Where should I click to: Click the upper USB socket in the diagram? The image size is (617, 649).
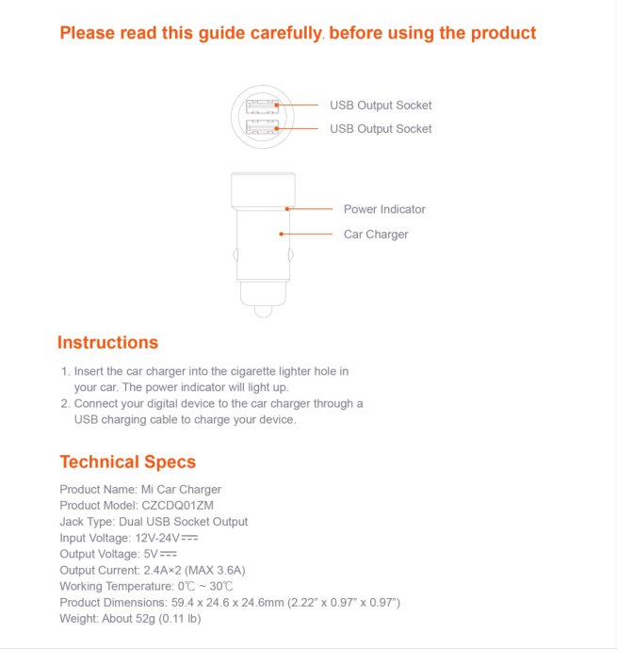[x=263, y=105]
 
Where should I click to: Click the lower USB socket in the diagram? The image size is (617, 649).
[x=263, y=128]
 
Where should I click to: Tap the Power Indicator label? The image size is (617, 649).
[x=384, y=209]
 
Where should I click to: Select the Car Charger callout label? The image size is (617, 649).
[x=376, y=235]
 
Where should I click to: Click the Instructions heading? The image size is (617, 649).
[x=107, y=343]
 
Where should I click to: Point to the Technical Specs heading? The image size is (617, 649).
[x=128, y=462]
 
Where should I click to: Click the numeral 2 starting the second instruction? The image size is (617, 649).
[x=63, y=403]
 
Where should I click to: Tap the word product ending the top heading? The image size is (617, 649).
[x=503, y=33]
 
